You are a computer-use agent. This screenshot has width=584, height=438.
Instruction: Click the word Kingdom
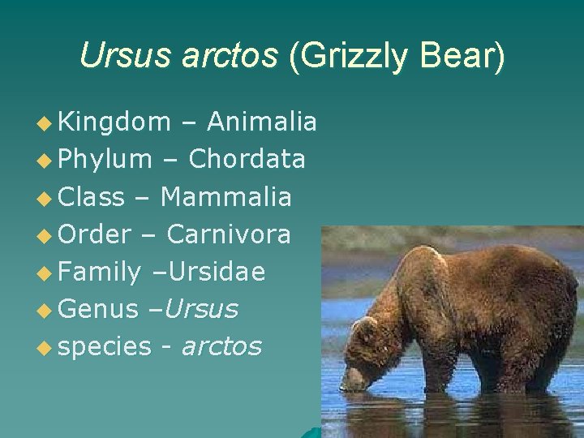(x=115, y=122)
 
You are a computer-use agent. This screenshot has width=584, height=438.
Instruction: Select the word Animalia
(x=262, y=122)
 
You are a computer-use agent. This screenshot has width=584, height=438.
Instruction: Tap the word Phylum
(x=105, y=159)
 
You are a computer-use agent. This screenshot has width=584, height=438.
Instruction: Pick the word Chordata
(x=247, y=159)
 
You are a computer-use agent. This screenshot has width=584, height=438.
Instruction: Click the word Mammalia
(x=226, y=196)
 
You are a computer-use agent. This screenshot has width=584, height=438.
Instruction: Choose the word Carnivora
(x=229, y=234)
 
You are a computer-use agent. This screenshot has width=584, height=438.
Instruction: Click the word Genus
(x=99, y=309)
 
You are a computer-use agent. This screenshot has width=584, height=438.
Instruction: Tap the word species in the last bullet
(x=105, y=347)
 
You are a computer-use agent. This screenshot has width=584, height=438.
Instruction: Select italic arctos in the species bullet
(x=221, y=347)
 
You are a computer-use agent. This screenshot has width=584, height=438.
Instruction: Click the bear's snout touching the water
(x=351, y=381)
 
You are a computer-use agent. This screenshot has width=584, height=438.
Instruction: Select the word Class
(x=92, y=196)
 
